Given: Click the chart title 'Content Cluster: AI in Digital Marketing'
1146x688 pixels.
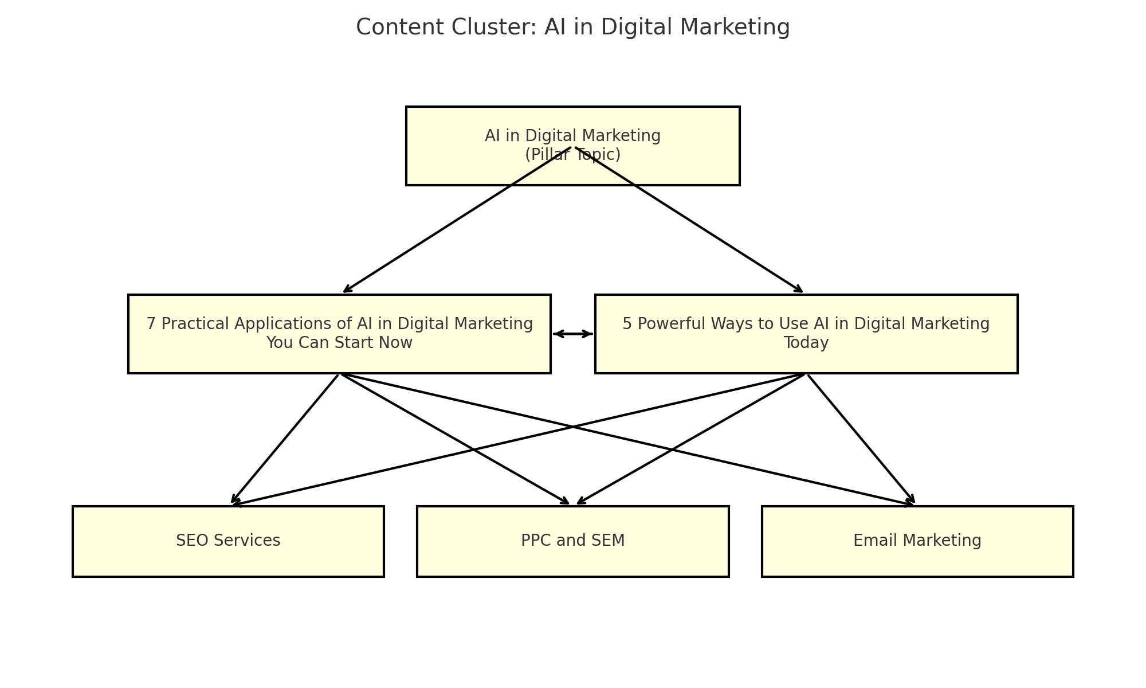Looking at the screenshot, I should (x=572, y=28).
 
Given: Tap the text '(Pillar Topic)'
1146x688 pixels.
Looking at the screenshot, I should (x=572, y=155).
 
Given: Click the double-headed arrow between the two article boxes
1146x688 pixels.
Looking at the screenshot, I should (x=572, y=334).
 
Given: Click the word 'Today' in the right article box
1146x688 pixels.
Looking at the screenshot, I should (x=806, y=343).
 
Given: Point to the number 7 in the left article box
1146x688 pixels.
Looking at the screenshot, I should (x=151, y=324).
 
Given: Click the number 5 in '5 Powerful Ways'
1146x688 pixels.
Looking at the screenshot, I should (x=627, y=324).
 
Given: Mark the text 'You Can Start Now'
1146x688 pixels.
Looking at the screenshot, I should (x=339, y=343).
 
